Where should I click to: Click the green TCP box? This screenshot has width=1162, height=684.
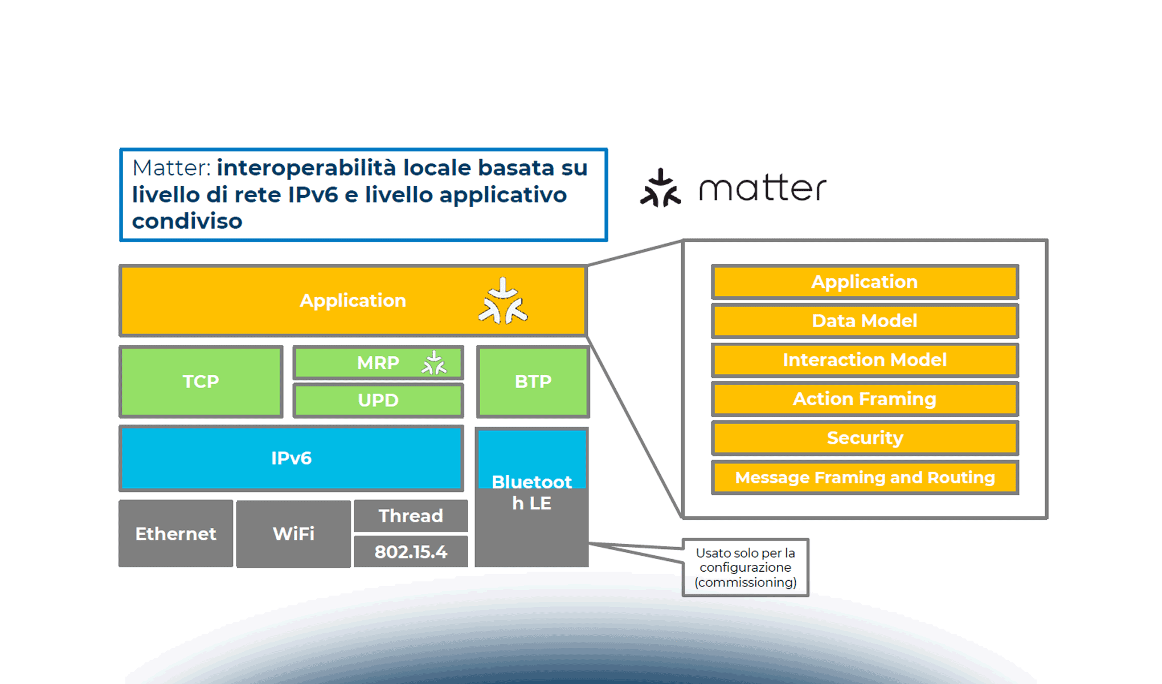point(201,381)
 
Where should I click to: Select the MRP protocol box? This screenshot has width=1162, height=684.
point(378,363)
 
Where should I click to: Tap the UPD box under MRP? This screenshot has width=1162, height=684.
point(378,400)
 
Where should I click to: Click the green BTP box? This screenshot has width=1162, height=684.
point(533,381)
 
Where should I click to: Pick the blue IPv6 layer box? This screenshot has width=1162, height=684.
point(291,458)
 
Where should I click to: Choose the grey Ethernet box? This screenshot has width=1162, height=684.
point(175,534)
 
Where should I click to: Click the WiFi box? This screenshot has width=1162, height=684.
point(293,534)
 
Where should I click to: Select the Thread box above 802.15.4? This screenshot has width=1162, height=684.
point(411,516)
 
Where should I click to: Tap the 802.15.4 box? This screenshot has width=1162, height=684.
point(411,552)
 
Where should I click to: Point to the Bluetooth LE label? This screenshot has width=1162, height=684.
point(531,492)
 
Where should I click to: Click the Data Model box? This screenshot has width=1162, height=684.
point(865,321)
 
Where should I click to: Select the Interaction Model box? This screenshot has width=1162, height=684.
point(865,360)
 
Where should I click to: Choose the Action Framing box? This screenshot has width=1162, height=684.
point(865,399)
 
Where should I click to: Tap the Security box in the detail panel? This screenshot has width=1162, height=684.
point(865,438)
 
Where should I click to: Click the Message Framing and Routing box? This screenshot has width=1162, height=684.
point(865,477)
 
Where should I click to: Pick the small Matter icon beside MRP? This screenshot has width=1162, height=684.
point(434,363)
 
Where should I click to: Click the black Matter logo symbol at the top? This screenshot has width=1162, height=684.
point(661,188)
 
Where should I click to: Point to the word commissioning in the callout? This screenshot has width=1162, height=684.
point(745,583)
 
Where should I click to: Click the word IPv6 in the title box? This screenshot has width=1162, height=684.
point(313,195)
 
